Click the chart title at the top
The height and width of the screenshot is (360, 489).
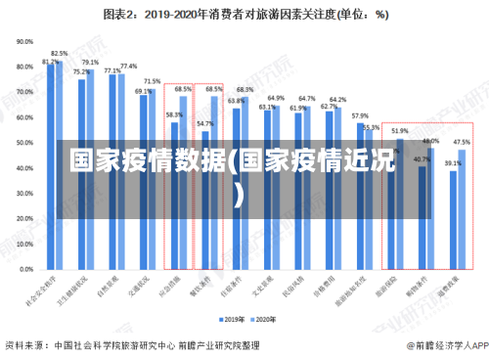click(244, 15)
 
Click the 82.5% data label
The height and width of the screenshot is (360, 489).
click(60, 54)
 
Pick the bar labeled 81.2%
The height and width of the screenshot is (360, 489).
click(51, 166)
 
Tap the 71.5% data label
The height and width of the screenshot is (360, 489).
click(152, 81)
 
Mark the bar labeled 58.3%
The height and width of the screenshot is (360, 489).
click(173, 196)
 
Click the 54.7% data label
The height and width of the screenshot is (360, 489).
click(204, 124)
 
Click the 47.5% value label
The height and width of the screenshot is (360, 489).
click(462, 142)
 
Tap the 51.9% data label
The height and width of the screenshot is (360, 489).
click(400, 131)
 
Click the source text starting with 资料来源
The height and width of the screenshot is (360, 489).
click(132, 345)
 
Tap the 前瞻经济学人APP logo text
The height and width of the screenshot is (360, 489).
click(443, 345)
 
